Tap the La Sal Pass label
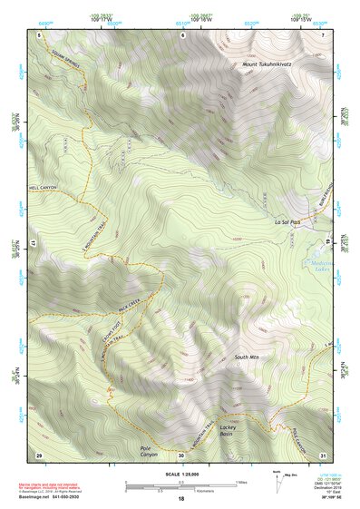pyautogui.click(x=291, y=221)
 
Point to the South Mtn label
pyautogui.click(x=246, y=357)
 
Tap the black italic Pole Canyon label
pyautogui.click(x=149, y=450)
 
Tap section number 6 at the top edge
pyautogui.click(x=181, y=34)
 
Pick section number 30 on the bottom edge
pyautogui.click(x=181, y=454)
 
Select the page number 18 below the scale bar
pyautogui.click(x=180, y=499)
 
